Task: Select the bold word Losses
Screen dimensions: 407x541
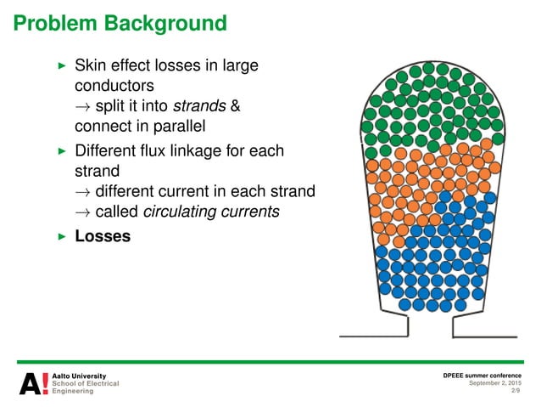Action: (x=103, y=235)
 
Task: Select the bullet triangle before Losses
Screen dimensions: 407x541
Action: (x=60, y=235)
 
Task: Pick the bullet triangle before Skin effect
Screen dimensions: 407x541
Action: (x=60, y=65)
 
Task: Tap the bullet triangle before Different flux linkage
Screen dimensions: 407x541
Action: (x=60, y=151)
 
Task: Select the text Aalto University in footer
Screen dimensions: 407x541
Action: (x=80, y=375)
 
